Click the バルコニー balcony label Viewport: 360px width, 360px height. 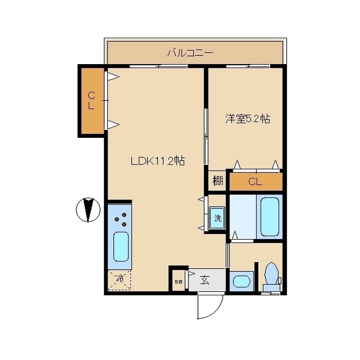[190, 53]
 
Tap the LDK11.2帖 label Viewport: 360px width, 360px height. [158, 161]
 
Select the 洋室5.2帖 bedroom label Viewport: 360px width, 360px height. [247, 119]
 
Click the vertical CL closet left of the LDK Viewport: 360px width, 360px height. [92, 101]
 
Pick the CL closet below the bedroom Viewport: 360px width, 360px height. [256, 182]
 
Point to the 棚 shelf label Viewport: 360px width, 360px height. [218, 180]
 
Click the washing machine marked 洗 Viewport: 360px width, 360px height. [217, 218]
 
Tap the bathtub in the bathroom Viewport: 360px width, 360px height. [270, 217]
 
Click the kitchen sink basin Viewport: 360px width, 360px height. [121, 246]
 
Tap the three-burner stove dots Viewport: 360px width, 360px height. [121, 219]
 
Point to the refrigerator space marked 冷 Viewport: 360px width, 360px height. [119, 280]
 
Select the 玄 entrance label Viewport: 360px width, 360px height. [205, 280]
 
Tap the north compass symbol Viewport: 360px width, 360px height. [88, 210]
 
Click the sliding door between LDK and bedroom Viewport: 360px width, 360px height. [206, 136]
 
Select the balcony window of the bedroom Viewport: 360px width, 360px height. [248, 66]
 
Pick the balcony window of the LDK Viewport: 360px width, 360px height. [159, 66]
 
